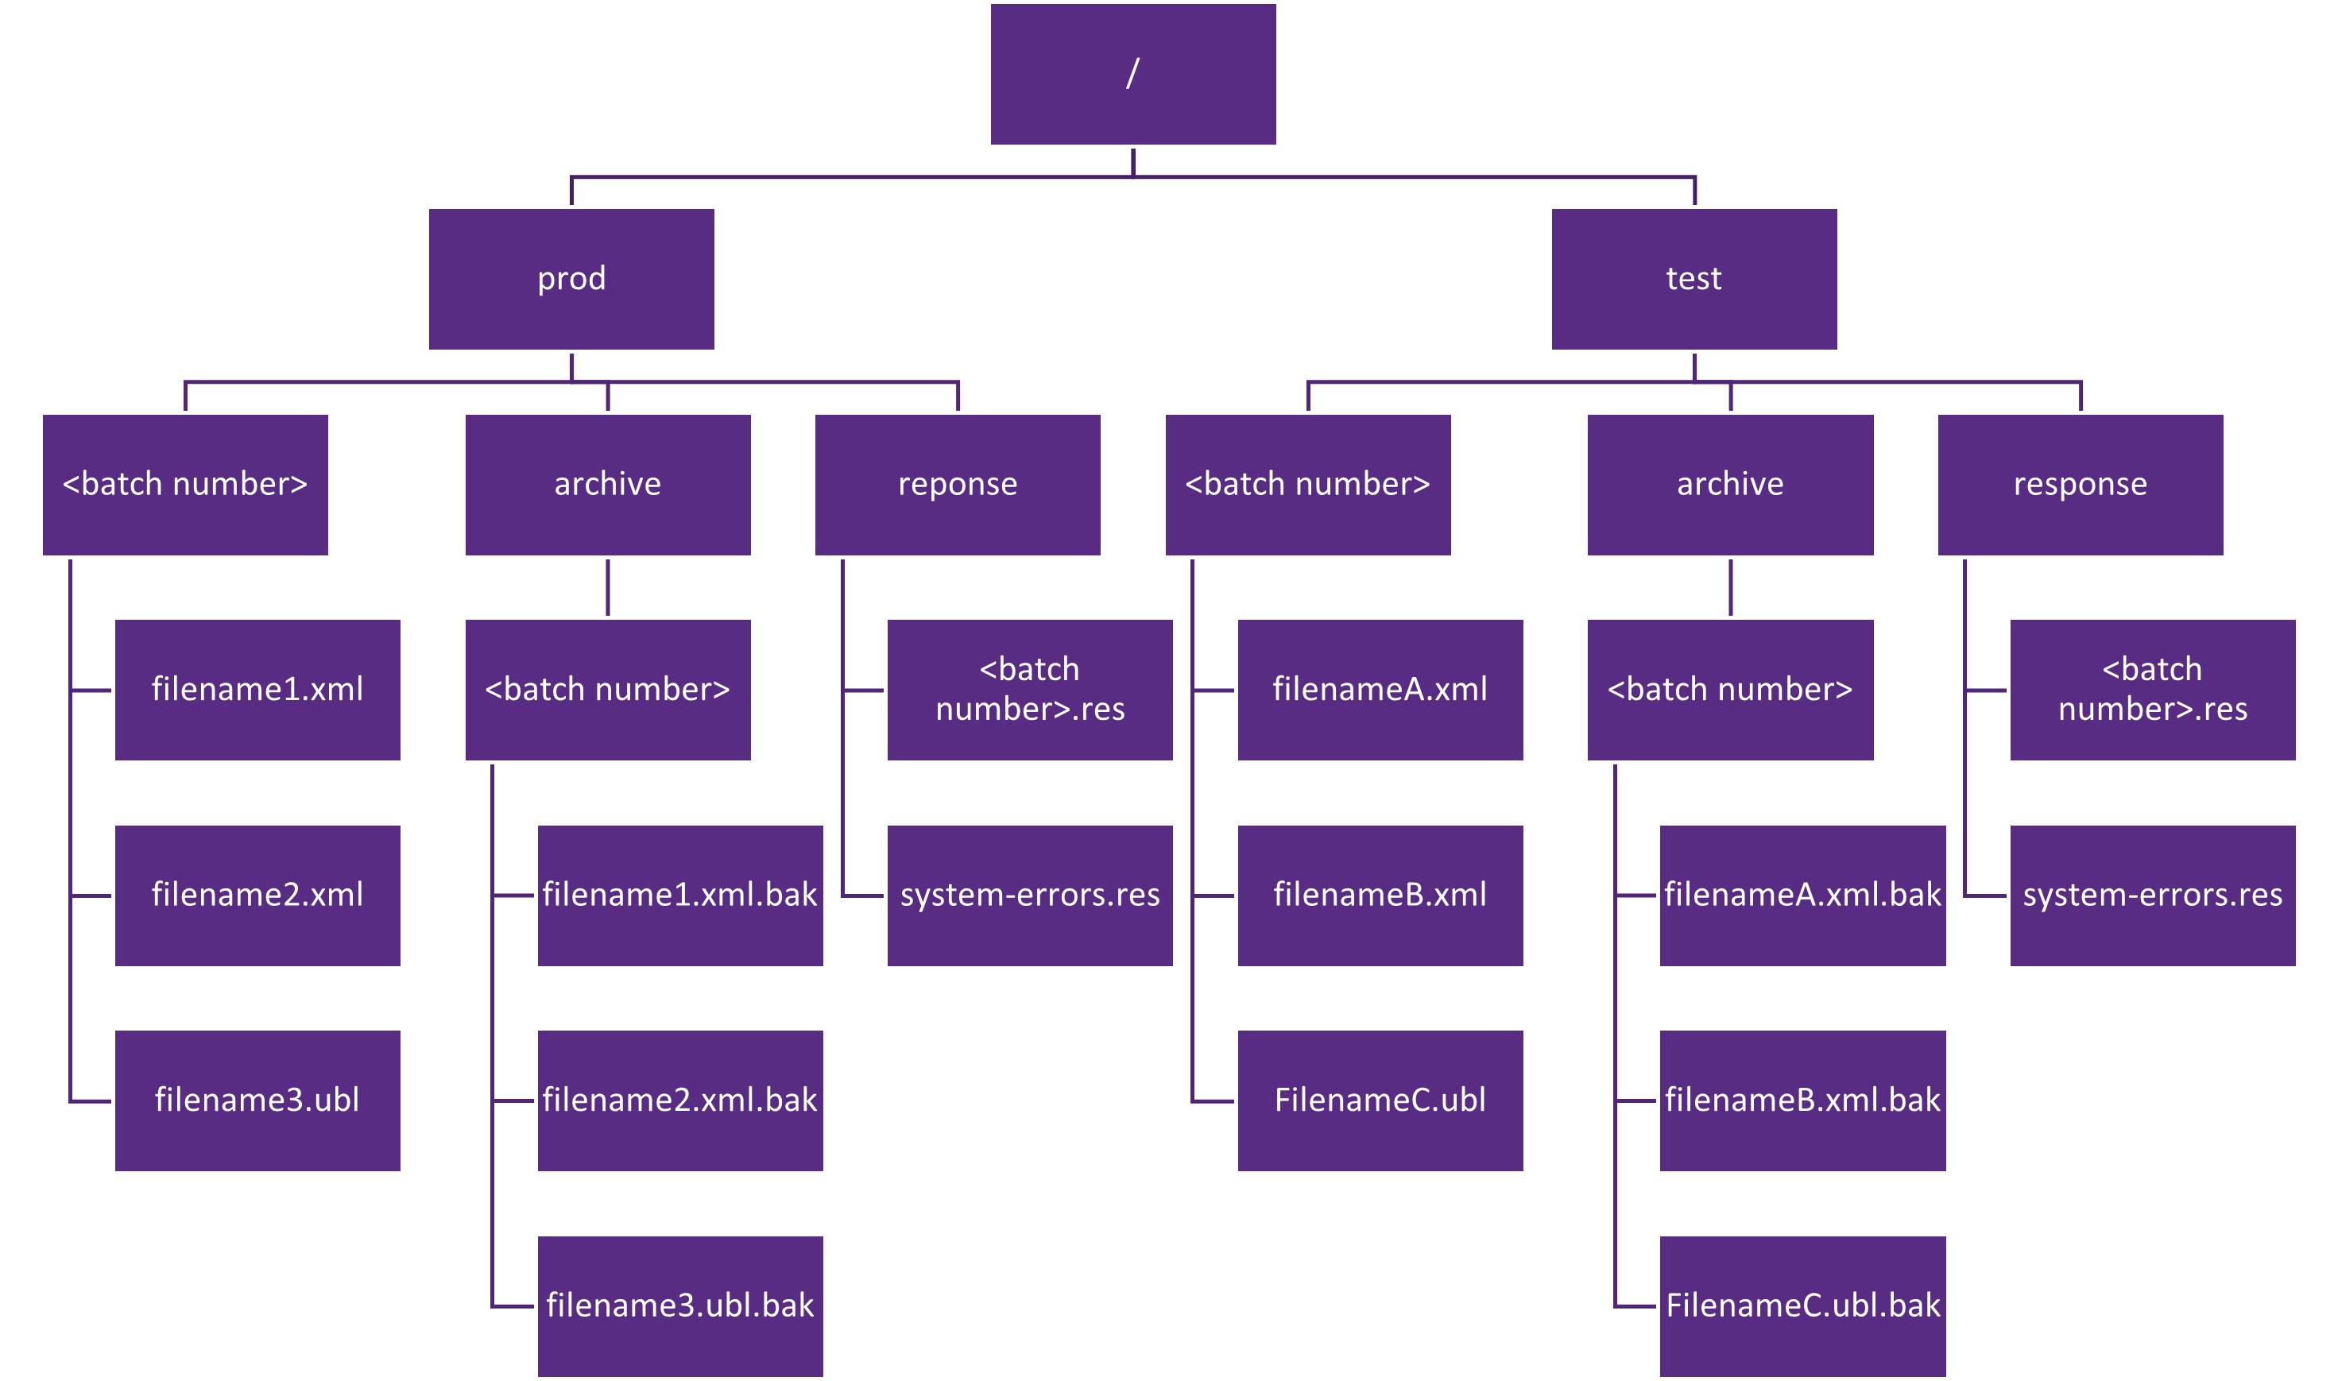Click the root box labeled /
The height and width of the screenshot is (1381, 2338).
click(x=1132, y=75)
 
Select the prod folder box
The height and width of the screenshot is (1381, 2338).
click(x=571, y=279)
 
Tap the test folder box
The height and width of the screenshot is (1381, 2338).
click(x=1694, y=279)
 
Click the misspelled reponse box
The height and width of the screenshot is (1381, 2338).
click(x=958, y=485)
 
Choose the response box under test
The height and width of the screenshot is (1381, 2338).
click(x=2081, y=485)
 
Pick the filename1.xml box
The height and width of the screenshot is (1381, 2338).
click(x=257, y=690)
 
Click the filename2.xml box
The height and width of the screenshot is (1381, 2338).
click(x=257, y=896)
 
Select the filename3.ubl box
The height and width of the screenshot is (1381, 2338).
click(x=257, y=1101)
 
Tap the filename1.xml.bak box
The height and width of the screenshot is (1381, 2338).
click(x=680, y=896)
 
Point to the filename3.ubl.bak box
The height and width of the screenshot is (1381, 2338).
click(x=680, y=1306)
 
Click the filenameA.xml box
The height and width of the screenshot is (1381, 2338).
click(x=1380, y=690)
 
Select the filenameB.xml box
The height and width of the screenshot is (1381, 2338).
click(x=1380, y=896)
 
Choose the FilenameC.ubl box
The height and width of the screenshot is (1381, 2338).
click(x=1380, y=1101)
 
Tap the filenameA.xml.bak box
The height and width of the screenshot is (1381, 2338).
click(x=1803, y=896)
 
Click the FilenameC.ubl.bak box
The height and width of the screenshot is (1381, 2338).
click(x=1803, y=1306)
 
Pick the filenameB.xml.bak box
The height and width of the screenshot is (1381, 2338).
click(x=1803, y=1101)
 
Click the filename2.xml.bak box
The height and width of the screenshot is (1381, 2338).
click(x=680, y=1101)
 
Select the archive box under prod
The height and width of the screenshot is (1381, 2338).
click(x=608, y=485)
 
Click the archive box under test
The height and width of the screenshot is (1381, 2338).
click(x=1730, y=485)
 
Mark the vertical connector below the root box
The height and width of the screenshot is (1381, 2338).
click(x=1132, y=162)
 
